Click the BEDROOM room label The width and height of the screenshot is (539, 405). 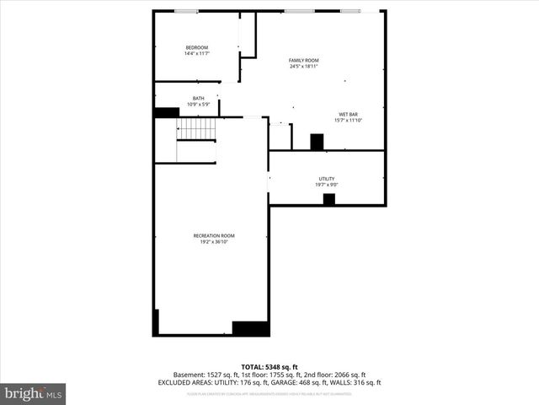point(196,47)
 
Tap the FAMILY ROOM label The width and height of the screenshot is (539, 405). point(304,60)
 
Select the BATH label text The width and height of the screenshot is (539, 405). point(198,98)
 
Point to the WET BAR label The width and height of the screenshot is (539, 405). point(348,114)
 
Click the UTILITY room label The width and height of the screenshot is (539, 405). point(327,178)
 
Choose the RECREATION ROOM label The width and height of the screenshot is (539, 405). point(214,235)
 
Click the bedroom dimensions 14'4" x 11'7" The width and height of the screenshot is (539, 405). point(196,53)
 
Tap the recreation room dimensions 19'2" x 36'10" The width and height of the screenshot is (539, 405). point(214,242)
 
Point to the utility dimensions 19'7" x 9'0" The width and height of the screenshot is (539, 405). point(327,184)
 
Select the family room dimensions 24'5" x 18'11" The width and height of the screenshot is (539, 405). point(304,66)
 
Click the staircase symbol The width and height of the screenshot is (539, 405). point(196,129)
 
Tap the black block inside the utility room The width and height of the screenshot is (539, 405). point(328,199)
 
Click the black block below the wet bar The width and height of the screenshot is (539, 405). point(317,142)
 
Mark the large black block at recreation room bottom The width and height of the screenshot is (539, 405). point(250,328)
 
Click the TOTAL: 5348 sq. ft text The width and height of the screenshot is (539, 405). point(269,366)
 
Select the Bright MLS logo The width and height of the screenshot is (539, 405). point(34,393)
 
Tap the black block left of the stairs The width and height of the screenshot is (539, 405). point(166,111)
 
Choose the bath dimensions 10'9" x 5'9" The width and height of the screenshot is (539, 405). point(198,104)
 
